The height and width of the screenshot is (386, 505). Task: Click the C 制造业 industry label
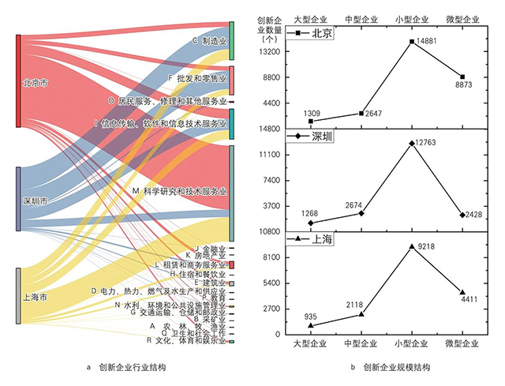(x=208, y=40)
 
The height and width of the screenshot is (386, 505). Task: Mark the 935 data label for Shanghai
(x=310, y=317)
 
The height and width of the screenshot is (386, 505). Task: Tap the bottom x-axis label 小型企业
(x=411, y=344)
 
